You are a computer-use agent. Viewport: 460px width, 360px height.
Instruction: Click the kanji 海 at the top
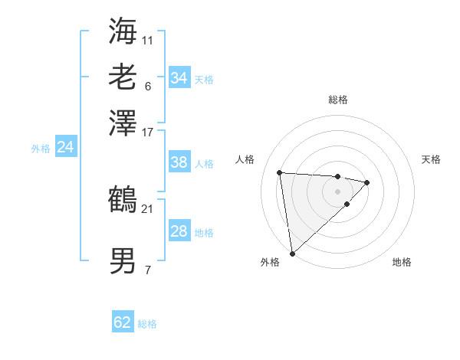(x=123, y=30)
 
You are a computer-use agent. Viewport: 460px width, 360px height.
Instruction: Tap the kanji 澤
(x=123, y=123)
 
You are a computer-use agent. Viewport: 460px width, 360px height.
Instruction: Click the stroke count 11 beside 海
(x=147, y=39)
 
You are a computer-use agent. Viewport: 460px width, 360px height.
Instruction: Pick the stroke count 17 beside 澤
(x=147, y=132)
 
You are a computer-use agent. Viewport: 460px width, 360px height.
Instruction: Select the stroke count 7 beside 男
(x=147, y=270)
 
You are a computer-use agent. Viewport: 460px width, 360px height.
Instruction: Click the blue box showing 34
(x=179, y=78)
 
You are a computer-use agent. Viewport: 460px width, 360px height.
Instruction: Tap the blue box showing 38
(x=179, y=162)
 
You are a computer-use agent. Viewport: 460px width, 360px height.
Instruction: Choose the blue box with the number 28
(x=179, y=231)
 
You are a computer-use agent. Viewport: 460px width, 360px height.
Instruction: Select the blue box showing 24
(x=65, y=147)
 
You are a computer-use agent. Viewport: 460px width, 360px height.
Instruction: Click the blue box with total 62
(x=123, y=322)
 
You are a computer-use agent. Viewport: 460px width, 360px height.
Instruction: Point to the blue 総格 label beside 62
(x=147, y=324)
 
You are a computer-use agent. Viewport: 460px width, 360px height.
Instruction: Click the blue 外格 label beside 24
(x=41, y=149)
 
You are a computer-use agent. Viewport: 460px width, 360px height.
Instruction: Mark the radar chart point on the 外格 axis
(x=292, y=253)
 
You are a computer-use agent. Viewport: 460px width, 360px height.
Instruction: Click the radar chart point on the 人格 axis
(x=280, y=172)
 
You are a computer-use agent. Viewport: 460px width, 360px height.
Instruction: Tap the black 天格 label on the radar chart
(x=431, y=159)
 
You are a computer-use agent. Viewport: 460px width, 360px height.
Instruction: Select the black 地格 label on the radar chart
(x=402, y=262)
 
